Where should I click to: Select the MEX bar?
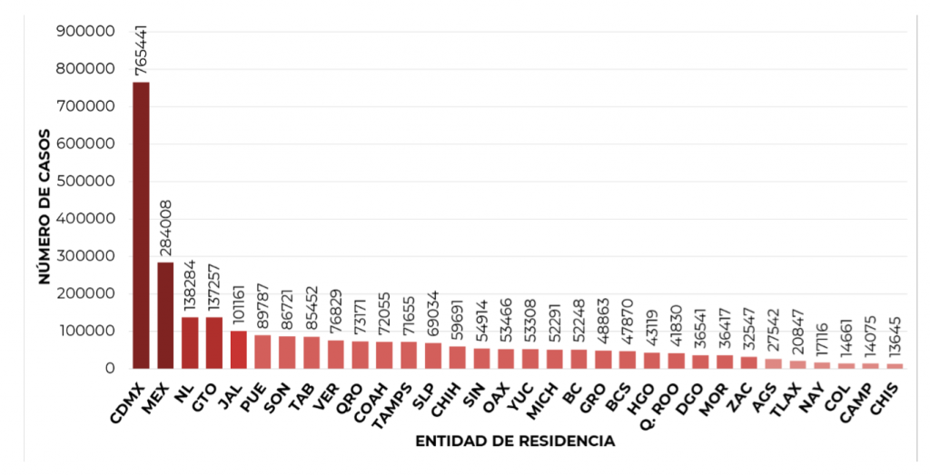click(165, 314)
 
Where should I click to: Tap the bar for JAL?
click(238, 349)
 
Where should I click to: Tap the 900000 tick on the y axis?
click(84, 31)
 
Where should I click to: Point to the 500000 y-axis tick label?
click(84, 181)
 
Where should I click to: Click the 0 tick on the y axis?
click(109, 368)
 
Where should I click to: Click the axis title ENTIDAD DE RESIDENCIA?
click(514, 441)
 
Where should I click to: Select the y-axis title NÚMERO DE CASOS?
click(44, 206)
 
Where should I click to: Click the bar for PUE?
click(262, 352)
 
